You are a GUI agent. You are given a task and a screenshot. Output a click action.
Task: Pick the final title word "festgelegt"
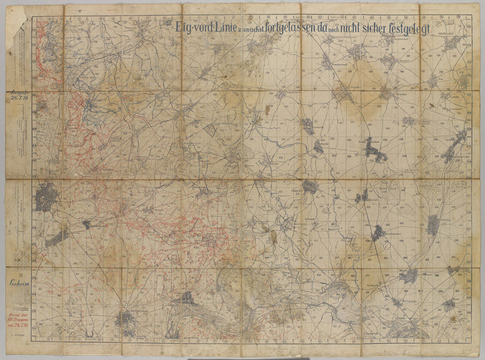tap(408, 27)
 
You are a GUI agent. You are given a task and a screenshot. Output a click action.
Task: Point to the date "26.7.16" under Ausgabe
tap(20, 98)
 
